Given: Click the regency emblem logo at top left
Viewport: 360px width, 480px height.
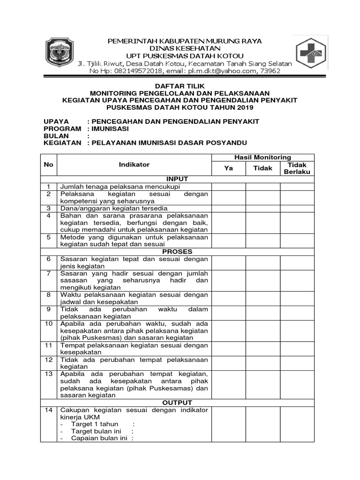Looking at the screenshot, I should click(60, 54).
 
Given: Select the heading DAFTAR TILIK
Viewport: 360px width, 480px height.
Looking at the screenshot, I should click(180, 86).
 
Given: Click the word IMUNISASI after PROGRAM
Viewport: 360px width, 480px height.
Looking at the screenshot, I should click(111, 128).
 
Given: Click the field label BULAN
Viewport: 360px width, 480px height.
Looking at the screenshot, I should click(56, 135).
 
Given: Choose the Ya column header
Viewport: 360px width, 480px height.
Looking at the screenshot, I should click(228, 168).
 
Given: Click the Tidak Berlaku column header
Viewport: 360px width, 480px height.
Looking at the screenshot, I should click(297, 168).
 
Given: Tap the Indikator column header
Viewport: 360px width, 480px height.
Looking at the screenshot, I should click(134, 165).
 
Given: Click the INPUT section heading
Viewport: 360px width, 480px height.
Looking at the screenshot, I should click(177, 179).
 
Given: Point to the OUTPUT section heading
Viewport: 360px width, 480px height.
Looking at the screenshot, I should click(177, 403).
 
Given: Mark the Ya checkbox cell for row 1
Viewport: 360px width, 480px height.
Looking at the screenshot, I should click(228, 187).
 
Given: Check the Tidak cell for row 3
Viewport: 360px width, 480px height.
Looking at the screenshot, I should click(262, 208).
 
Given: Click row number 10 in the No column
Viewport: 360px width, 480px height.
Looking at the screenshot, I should click(49, 323).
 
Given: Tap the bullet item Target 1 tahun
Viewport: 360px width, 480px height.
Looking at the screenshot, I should click(94, 424).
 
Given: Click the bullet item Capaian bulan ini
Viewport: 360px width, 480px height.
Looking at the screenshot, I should click(99, 438).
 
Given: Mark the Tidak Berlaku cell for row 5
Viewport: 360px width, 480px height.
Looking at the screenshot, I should click(297, 240).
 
